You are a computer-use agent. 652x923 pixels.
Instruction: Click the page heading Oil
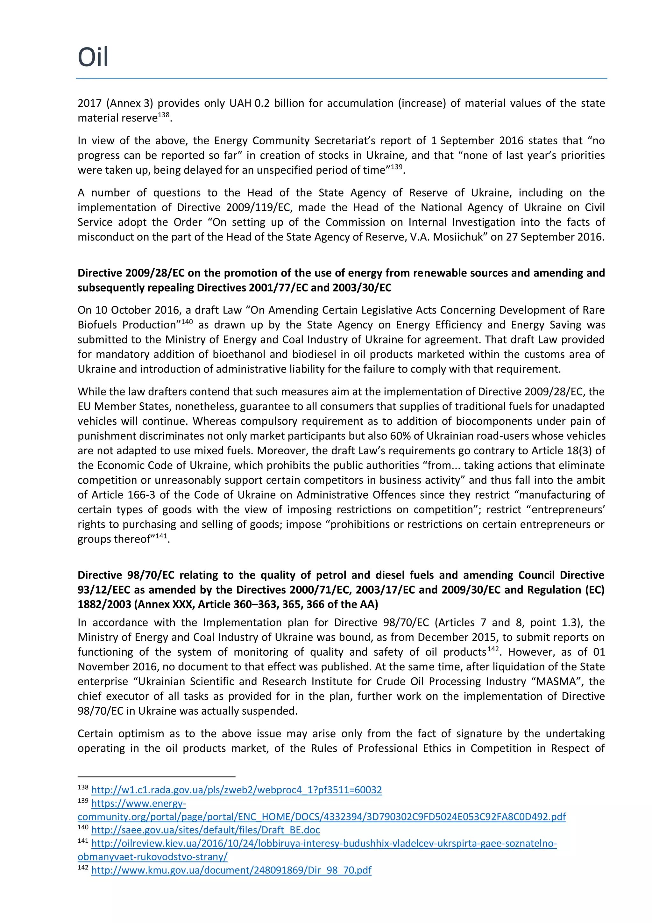tap(93, 57)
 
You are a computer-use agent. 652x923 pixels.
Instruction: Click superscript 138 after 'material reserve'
tap(164, 115)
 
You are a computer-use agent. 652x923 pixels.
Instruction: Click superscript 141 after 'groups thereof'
tap(161, 536)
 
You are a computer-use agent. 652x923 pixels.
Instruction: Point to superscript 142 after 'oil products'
tap(493, 649)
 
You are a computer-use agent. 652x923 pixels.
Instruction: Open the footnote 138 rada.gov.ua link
tap(236, 790)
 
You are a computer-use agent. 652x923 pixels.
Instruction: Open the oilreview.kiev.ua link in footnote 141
tap(323, 843)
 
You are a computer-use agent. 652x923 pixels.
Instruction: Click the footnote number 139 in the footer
tap(83, 801)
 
